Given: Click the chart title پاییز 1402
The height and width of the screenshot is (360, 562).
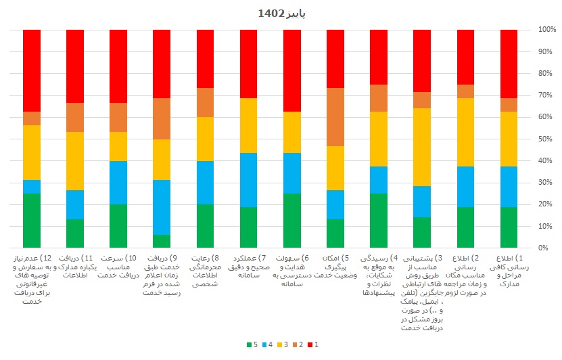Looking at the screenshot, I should pos(281,13).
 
